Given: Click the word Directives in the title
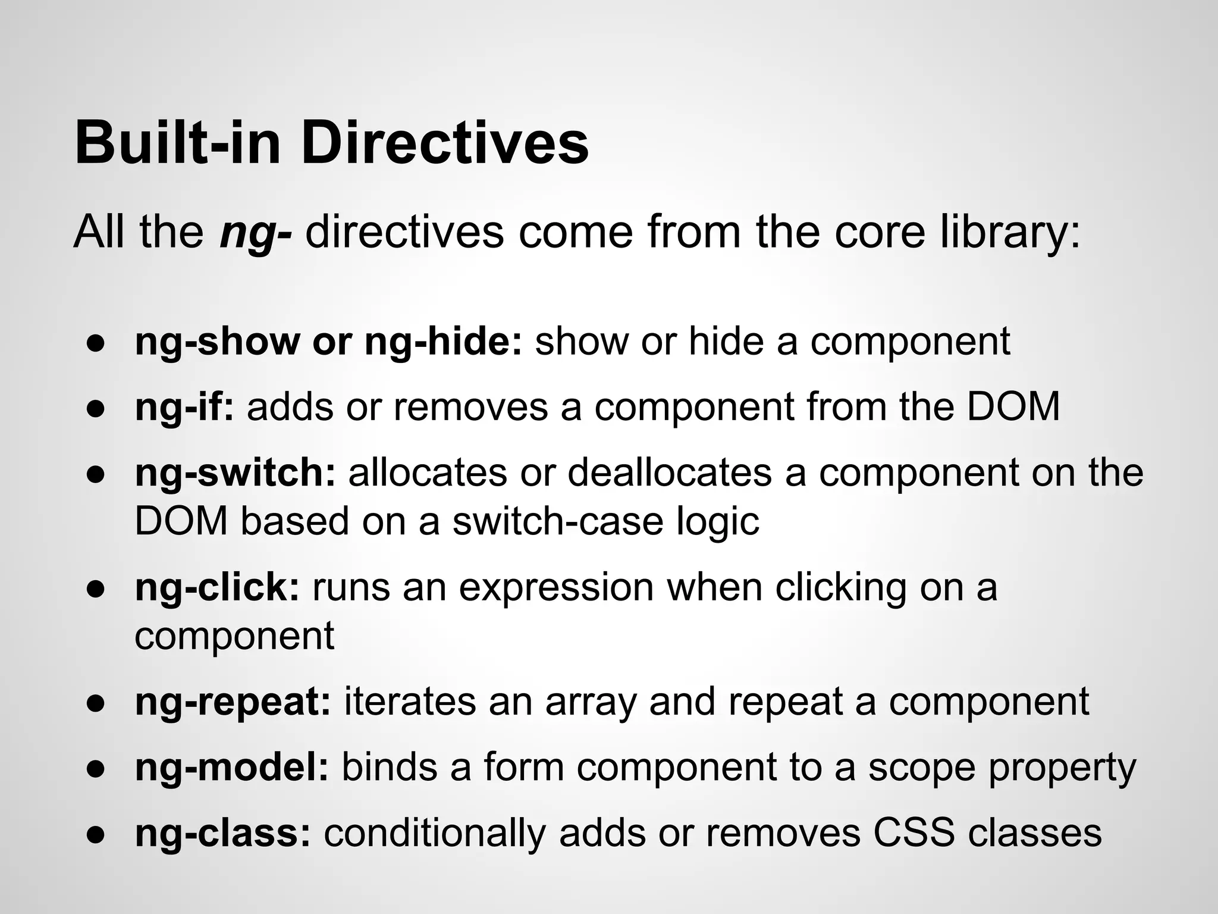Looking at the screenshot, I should tap(445, 143).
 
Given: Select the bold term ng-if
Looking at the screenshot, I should tap(184, 408).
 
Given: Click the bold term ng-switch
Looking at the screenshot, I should tap(236, 473).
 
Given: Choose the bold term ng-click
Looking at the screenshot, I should tap(217, 588).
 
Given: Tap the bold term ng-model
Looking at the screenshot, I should tap(231, 768).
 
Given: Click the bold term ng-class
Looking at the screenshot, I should tap(222, 833).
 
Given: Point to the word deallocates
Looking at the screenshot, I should tap(670, 473).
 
